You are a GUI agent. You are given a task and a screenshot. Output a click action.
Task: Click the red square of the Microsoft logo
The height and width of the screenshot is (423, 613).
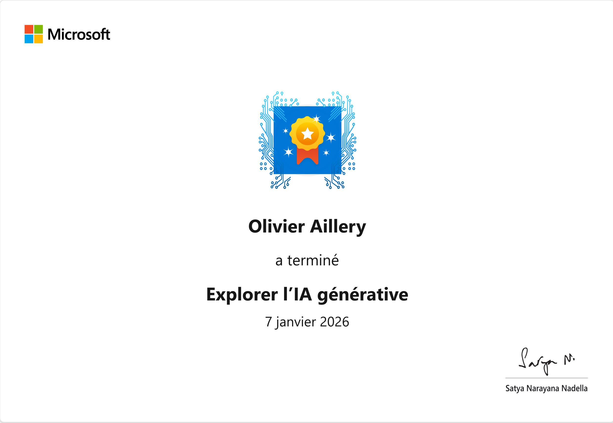(29, 29)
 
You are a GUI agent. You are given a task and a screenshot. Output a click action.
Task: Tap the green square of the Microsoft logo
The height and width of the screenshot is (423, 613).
(38, 29)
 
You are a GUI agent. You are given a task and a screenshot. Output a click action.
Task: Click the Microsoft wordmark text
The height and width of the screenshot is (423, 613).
(79, 34)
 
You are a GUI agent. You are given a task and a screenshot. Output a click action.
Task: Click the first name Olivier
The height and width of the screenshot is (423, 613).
(276, 226)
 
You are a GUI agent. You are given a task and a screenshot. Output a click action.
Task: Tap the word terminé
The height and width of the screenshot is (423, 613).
(313, 260)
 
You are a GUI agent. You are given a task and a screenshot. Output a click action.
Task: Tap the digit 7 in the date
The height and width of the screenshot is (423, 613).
(268, 322)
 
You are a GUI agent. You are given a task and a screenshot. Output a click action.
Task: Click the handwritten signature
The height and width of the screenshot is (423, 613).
(546, 361)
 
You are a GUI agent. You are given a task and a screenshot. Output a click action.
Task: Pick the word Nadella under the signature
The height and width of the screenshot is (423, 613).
(574, 388)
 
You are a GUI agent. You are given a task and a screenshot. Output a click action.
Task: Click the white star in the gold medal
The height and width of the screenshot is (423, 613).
(307, 134)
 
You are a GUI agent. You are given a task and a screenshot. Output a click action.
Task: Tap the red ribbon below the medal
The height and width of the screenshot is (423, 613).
(307, 156)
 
